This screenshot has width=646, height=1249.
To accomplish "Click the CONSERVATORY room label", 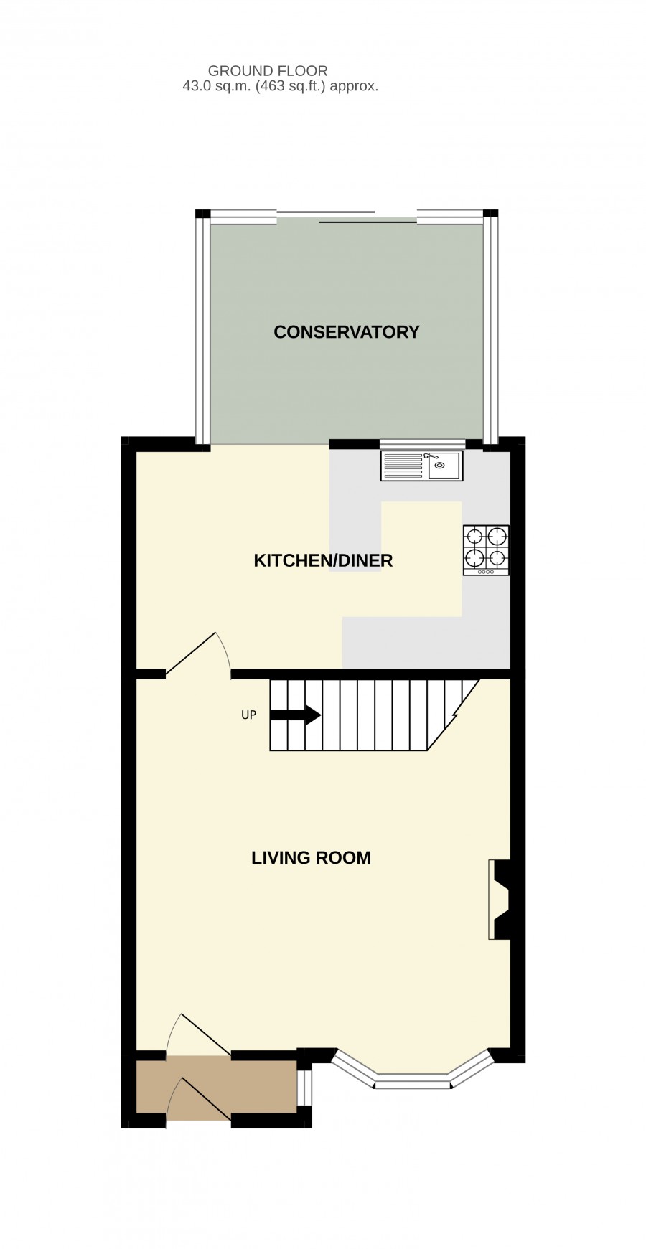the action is [346, 332].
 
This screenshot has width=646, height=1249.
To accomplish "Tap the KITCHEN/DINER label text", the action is [323, 560].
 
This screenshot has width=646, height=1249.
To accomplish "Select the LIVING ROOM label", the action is [311, 857].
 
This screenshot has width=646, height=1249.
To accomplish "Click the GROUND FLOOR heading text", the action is [268, 71].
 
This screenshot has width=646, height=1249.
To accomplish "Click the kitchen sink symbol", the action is [421, 466].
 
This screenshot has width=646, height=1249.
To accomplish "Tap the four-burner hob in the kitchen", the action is [486, 550].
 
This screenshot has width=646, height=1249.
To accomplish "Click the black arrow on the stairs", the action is [295, 715].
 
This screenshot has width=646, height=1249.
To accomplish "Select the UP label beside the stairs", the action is [248, 715].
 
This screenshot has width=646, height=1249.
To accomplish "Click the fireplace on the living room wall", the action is [499, 899].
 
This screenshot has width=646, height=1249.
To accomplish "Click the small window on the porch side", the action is [304, 1088].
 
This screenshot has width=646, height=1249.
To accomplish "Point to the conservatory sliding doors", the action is [346, 217].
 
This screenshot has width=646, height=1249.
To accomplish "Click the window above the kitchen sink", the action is [422, 443].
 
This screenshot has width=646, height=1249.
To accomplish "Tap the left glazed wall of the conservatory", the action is [203, 330].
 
